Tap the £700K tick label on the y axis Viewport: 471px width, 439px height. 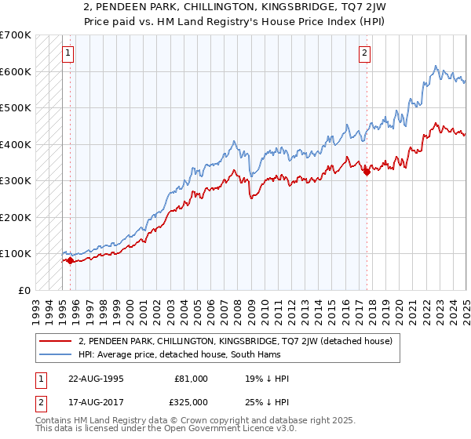pyautogui.click(x=15, y=35)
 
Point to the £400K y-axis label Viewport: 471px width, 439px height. pyautogui.click(x=15, y=144)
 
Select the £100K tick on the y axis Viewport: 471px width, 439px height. pyautogui.click(x=15, y=253)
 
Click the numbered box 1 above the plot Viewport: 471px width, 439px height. pyautogui.click(x=68, y=53)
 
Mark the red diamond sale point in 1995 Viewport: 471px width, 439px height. pyautogui.click(x=70, y=261)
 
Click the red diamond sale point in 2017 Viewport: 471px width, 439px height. pyautogui.click(x=366, y=172)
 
